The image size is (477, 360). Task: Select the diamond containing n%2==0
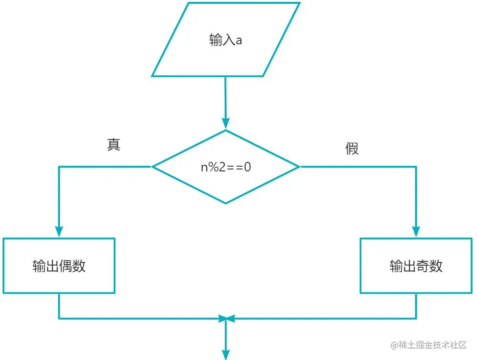(x=226, y=167)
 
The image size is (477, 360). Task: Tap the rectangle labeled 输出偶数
(x=59, y=265)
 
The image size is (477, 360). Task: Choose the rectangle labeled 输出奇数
(x=416, y=265)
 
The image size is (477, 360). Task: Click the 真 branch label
(x=113, y=144)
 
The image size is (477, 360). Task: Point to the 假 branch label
(x=352, y=149)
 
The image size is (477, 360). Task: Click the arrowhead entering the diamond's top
(x=226, y=125)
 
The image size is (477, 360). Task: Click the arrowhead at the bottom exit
(x=226, y=354)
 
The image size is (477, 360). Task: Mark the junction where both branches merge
(x=226, y=318)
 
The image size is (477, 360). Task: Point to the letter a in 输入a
(x=239, y=40)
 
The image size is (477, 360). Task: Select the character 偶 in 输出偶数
(x=66, y=266)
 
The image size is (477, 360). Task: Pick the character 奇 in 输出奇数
(x=423, y=266)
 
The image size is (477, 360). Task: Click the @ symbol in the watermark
(x=394, y=345)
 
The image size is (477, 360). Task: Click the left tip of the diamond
(x=153, y=167)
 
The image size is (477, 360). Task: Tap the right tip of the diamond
(x=299, y=167)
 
